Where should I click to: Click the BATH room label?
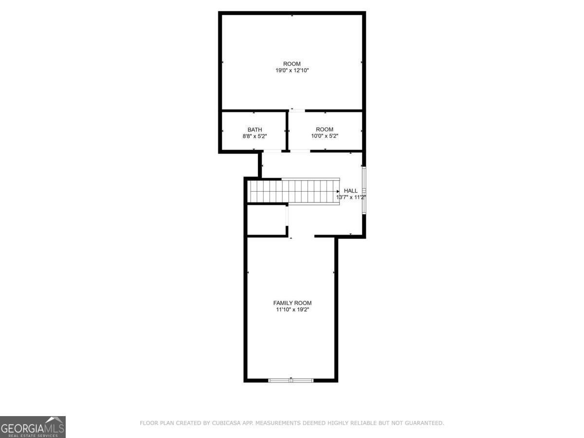click(255, 130)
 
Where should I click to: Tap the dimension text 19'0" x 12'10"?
click(292, 71)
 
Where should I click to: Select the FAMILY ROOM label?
click(292, 303)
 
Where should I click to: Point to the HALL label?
click(351, 191)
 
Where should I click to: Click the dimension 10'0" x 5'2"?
click(325, 136)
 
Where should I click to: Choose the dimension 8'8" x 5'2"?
click(255, 136)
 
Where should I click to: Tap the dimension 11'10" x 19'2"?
click(292, 310)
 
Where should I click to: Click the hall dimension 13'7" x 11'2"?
click(351, 197)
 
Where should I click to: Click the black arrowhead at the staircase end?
click(338, 191)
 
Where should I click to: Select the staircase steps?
click(293, 191)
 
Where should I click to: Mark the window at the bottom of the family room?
click(291, 381)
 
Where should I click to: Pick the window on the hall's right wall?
click(364, 190)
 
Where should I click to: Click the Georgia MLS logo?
click(33, 427)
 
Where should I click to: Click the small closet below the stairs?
click(267, 220)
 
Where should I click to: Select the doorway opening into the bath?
click(272, 151)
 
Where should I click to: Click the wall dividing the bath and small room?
click(287, 130)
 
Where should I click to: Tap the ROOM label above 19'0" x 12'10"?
click(292, 64)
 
